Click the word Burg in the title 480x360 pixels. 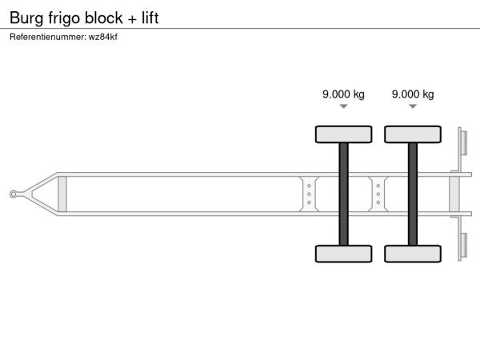(x=26, y=18)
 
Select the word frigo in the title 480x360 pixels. (x=64, y=18)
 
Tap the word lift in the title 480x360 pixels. (x=150, y=18)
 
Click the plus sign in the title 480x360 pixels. (x=132, y=19)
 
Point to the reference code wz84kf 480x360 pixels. (x=103, y=37)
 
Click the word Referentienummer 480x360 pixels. (x=47, y=37)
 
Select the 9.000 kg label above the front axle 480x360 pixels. (x=343, y=94)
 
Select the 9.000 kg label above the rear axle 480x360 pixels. (x=413, y=94)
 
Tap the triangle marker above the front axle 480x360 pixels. (x=343, y=106)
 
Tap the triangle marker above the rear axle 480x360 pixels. (x=413, y=106)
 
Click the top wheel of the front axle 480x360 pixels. (x=343, y=134)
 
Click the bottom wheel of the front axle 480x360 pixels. (x=343, y=254)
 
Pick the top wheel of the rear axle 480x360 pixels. (x=413, y=134)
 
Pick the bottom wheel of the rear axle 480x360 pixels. (x=413, y=254)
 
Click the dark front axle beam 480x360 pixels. (x=343, y=194)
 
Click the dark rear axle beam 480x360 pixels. (x=413, y=194)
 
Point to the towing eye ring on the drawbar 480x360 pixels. (x=13, y=194)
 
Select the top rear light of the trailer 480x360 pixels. (x=464, y=143)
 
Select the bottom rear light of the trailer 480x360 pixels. (x=464, y=246)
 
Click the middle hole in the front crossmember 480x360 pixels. (x=309, y=194)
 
